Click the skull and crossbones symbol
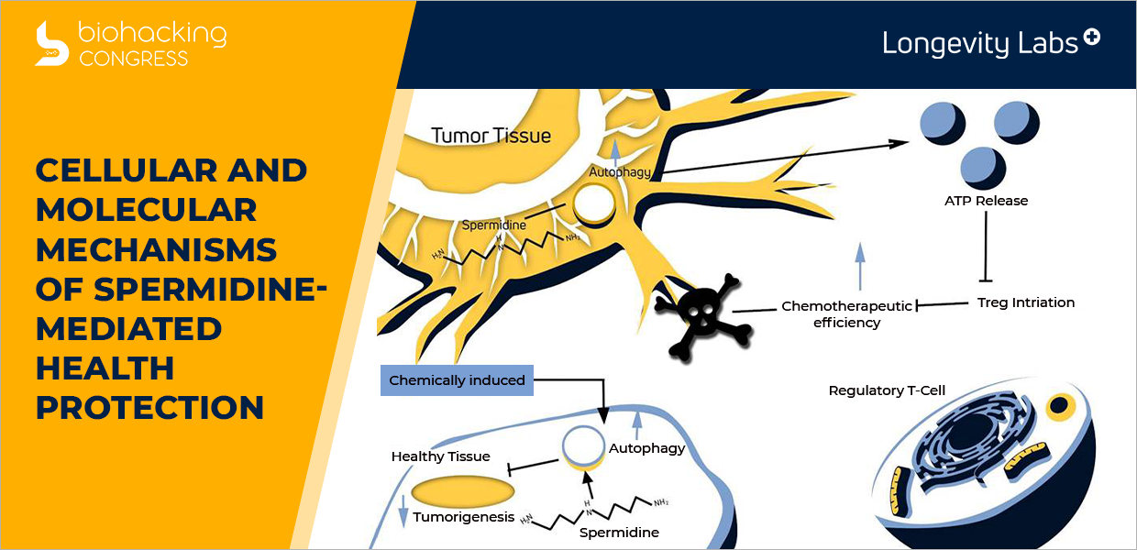pos(703,316)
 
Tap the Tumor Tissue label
pos(491,136)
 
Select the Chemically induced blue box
pos(457,380)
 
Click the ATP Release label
pos(986,201)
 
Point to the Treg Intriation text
pos(1026,302)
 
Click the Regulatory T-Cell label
pos(887,390)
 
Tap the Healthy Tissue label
pos(440,456)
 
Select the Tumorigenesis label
pos(463,517)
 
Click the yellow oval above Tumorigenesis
pos(462,491)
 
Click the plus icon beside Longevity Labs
pos(1091,37)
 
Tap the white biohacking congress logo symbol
pos(51,44)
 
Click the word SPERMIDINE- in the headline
pos(210,289)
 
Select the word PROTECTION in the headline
pos(149,407)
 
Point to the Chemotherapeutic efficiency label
pos(846,314)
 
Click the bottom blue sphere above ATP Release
pos(983,169)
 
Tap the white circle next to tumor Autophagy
pos(594,203)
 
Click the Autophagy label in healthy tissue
pos(646,448)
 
